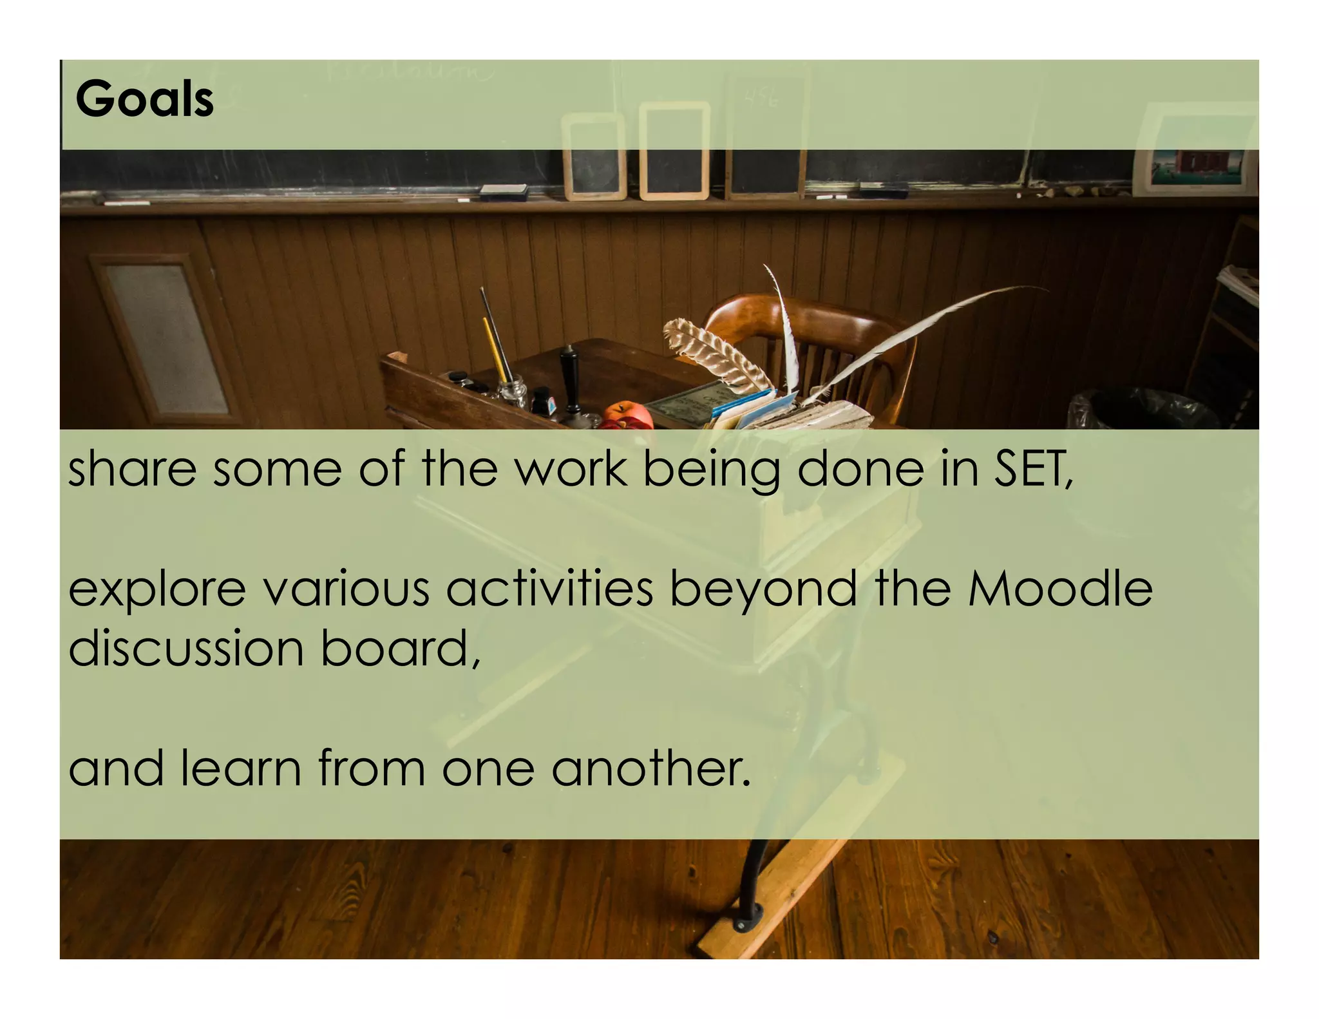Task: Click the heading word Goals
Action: pyautogui.click(x=144, y=99)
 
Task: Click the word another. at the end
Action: pyautogui.click(x=651, y=768)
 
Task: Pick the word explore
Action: pyautogui.click(x=157, y=590)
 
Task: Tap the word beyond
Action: pyautogui.click(x=763, y=590)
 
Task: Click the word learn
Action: pyautogui.click(x=241, y=768)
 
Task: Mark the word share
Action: pyautogui.click(x=132, y=469)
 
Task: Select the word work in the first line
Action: pyautogui.click(x=571, y=469)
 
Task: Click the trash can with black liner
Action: pyautogui.click(x=1134, y=408)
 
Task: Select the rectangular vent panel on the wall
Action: pyautogui.click(x=165, y=338)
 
